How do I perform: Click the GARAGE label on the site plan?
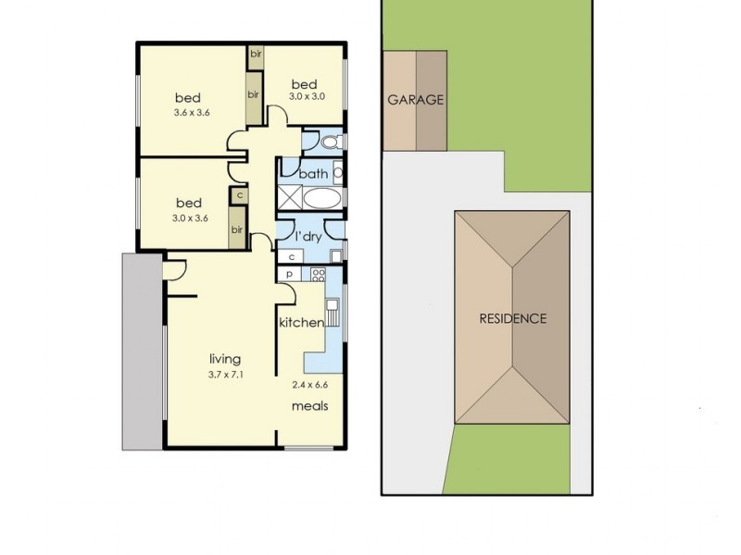pyautogui.click(x=416, y=101)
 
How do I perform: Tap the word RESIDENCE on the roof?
pyautogui.click(x=512, y=318)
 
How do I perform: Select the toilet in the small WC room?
pyautogui.click(x=330, y=142)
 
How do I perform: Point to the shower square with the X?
pyautogui.click(x=290, y=197)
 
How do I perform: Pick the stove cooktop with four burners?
pyautogui.click(x=319, y=274)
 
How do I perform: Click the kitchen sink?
pyautogui.click(x=333, y=306)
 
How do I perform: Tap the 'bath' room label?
pyautogui.click(x=314, y=173)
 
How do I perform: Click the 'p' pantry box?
pyautogui.click(x=290, y=274)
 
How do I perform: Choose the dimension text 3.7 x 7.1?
pyautogui.click(x=226, y=374)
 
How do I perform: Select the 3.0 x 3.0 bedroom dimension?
pyautogui.click(x=306, y=96)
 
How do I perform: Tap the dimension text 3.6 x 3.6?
pyautogui.click(x=191, y=114)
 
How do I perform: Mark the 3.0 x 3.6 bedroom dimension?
pyautogui.click(x=191, y=218)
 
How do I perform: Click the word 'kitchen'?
pyautogui.click(x=302, y=323)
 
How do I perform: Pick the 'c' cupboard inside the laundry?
pyautogui.click(x=292, y=256)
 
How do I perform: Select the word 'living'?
pyautogui.click(x=225, y=359)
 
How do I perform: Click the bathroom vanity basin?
pyautogui.click(x=338, y=173)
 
